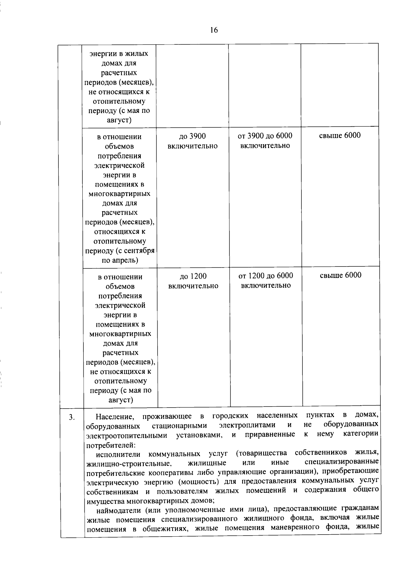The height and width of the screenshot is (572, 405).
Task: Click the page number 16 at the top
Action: tap(214, 30)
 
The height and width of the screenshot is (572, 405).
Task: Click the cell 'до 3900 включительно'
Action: tap(192, 141)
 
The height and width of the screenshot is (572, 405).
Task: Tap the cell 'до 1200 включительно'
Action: tap(193, 281)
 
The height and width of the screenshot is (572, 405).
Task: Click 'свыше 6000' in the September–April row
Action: tap(340, 135)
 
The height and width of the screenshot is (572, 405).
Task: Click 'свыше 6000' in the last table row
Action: tap(340, 275)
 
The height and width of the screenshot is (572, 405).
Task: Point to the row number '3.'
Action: tap(72, 417)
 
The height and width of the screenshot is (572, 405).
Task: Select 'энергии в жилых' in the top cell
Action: tap(119, 54)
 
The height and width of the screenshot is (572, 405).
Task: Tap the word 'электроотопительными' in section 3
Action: tap(127, 436)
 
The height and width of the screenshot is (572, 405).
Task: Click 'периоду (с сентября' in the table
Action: tap(120, 251)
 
